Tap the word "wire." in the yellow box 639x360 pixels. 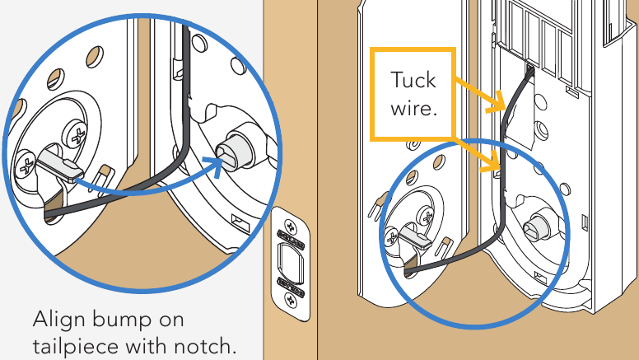pyautogui.click(x=412, y=109)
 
